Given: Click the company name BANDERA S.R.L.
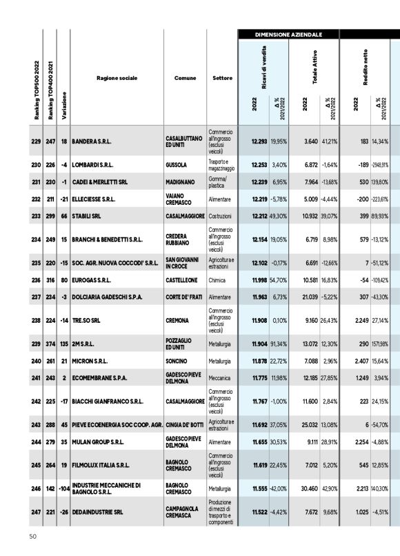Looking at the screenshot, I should (x=92, y=141).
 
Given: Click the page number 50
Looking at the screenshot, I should (x=32, y=536).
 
